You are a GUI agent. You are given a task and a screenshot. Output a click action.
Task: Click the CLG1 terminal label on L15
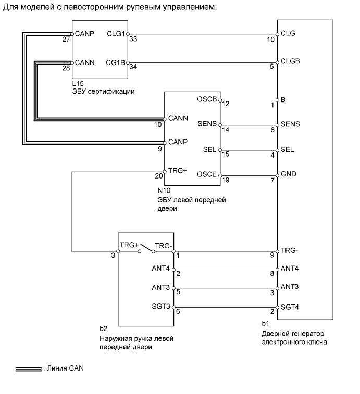coord(116,34)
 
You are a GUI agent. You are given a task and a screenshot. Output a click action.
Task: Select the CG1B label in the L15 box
coord(116,62)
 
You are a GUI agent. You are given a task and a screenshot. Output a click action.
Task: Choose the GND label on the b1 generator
coord(288,174)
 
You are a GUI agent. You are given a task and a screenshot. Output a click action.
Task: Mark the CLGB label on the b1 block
coord(290,61)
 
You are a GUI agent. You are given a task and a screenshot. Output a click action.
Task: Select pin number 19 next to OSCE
coord(225,181)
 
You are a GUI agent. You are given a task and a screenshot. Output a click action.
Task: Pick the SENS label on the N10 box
coord(207,124)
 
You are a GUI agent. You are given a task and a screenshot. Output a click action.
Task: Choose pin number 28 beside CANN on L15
coord(67,68)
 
